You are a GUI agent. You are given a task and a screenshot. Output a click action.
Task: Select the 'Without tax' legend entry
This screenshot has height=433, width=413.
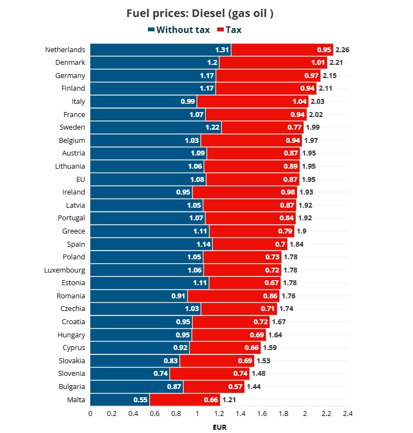point(179,30)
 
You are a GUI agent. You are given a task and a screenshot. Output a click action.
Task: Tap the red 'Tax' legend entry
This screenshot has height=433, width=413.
point(229,30)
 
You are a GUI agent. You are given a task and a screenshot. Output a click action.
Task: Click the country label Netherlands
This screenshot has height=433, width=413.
point(65,49)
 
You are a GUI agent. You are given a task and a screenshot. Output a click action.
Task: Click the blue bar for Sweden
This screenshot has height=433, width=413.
point(156,127)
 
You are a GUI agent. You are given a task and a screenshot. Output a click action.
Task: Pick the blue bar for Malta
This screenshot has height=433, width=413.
point(119,399)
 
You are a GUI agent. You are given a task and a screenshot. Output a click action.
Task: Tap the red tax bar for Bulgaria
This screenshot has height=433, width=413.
point(214,387)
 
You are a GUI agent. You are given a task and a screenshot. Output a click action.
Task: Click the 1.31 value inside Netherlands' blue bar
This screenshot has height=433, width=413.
point(222,49)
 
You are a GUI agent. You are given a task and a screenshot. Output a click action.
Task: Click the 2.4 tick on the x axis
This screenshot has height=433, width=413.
point(348,413)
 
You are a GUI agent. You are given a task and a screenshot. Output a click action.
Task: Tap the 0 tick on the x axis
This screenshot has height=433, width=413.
point(90,413)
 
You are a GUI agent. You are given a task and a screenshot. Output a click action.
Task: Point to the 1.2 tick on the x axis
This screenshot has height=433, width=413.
point(219,413)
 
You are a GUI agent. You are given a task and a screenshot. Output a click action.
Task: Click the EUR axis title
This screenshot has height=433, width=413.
point(219,426)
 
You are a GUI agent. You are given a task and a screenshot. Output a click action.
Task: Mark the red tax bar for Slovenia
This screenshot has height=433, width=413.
point(210,374)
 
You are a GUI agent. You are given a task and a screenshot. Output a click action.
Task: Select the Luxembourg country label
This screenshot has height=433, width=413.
point(65,270)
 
